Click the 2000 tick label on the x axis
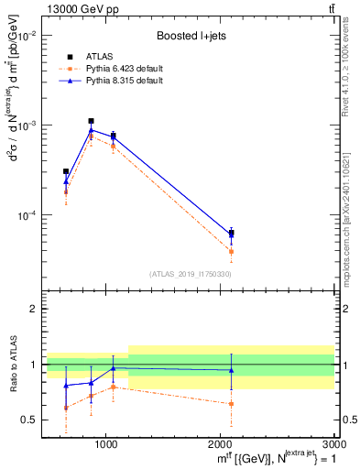coord(221,443)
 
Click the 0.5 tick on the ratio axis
coord(28,420)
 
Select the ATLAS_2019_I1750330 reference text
coord(191,274)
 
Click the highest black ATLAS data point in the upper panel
coord(91,121)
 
